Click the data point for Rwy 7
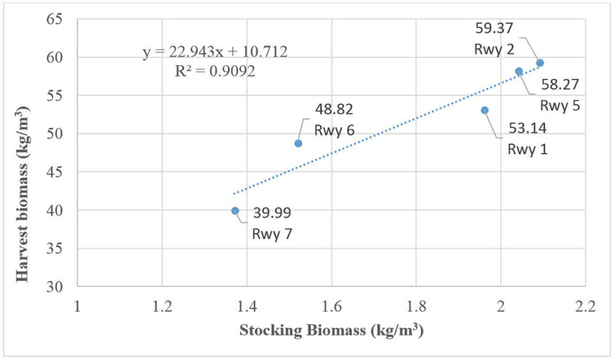tap(235, 211)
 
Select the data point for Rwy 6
tap(298, 143)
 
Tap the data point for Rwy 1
tap(485, 110)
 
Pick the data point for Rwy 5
tap(519, 71)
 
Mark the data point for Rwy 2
tap(540, 63)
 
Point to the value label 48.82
tap(333, 109)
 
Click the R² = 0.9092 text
tap(215, 71)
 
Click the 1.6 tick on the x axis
tap(331, 306)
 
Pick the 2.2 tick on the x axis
tap(585, 306)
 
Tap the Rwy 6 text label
tap(335, 129)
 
